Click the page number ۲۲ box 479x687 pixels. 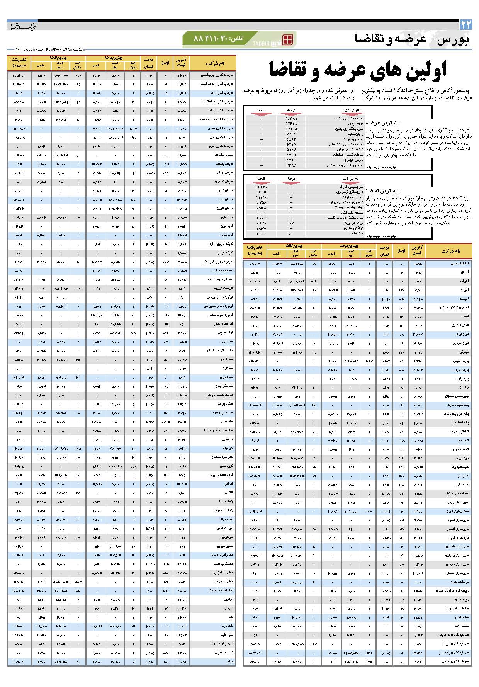(465, 25)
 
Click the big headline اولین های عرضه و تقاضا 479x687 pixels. (357, 70)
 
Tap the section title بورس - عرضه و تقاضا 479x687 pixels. (412, 39)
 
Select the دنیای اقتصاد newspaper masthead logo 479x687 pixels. (22, 26)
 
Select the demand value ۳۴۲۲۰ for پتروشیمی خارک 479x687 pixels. (261, 186)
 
